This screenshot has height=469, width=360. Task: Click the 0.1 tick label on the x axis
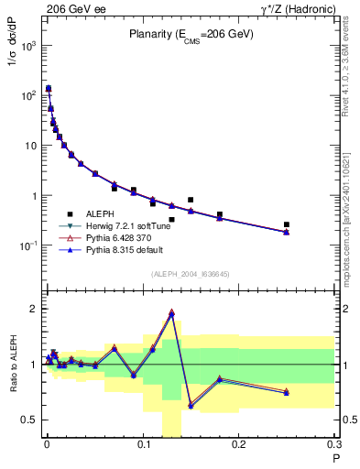(143, 446)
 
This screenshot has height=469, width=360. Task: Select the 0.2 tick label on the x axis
(239, 446)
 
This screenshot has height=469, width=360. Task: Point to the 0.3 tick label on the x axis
(333, 446)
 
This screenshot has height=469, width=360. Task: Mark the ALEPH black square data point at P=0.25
(287, 224)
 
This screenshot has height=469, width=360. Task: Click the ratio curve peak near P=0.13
(171, 312)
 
